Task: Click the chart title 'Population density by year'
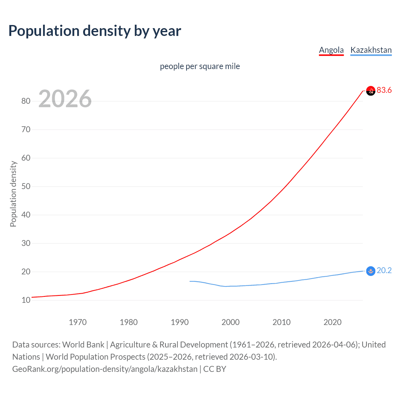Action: click(95, 31)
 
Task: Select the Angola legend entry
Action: click(331, 50)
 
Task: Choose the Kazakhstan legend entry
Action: click(371, 50)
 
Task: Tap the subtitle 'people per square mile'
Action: click(200, 66)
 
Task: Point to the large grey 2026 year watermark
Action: click(65, 99)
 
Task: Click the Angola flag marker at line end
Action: click(370, 91)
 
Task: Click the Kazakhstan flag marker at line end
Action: click(370, 271)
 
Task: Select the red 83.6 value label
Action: click(384, 90)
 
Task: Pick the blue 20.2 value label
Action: click(384, 271)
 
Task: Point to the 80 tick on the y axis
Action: click(26, 101)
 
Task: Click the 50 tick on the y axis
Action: click(26, 186)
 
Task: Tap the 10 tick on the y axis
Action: click(26, 300)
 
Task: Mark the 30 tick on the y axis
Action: click(26, 243)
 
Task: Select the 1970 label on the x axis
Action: click(78, 322)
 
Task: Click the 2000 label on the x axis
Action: click(231, 322)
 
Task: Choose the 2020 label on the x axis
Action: click(332, 322)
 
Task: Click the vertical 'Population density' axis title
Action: click(13, 194)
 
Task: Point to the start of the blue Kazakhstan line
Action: click(190, 281)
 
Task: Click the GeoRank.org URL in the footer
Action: click(105, 369)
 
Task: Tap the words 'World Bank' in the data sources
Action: click(83, 345)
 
